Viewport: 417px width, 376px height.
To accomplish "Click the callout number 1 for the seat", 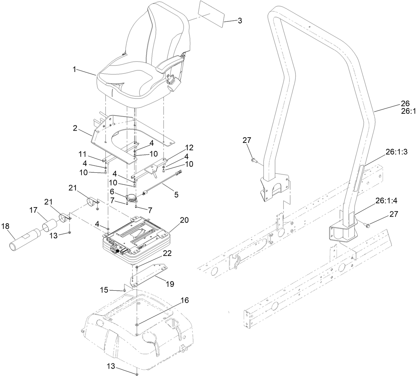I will click(75, 70).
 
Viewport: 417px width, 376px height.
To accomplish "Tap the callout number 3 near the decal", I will click(239, 21).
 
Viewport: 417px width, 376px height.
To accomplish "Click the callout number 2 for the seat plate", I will click(75, 128).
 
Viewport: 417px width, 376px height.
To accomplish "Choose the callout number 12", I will click(190, 148).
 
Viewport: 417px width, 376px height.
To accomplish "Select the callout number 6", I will click(112, 192).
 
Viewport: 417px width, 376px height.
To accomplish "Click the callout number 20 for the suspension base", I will click(184, 220).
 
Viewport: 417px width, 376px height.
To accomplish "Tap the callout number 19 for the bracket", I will click(169, 284).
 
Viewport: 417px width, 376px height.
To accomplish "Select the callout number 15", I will click(104, 290).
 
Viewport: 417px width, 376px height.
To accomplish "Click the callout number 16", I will click(185, 301).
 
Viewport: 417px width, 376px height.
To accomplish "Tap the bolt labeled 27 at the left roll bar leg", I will click(254, 160).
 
